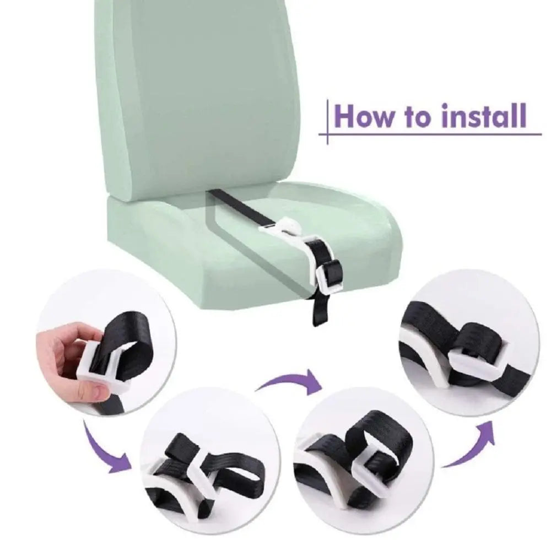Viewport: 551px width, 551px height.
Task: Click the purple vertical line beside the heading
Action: (x=327, y=122)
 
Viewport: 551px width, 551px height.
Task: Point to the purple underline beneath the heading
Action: (x=430, y=134)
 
